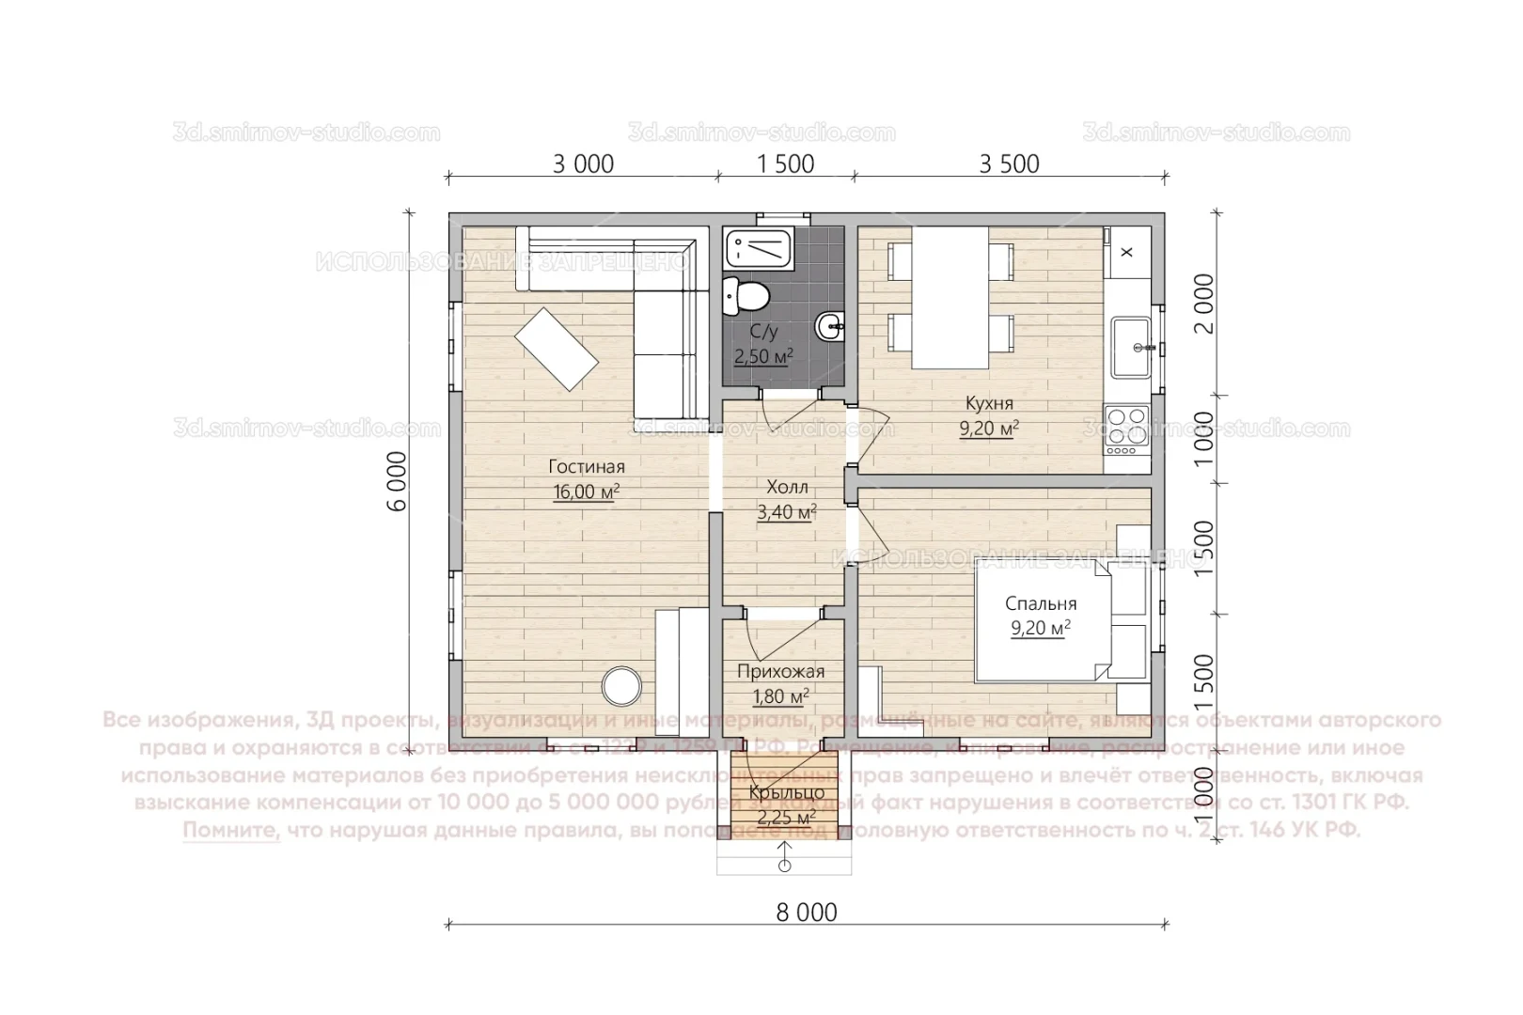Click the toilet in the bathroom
747,295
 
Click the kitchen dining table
950,297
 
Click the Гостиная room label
587,467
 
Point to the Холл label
787,488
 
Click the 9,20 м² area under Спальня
1041,629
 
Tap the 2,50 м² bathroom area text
763,356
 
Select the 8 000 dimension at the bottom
807,912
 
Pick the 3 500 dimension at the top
1009,164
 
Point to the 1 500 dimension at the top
786,164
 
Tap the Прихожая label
780,671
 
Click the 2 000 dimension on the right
1202,303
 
